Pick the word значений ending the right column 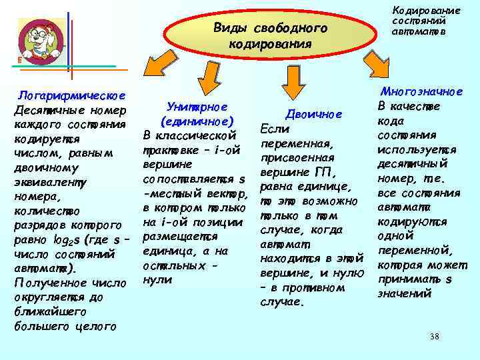point(405,293)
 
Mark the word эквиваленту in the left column point(49,181)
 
